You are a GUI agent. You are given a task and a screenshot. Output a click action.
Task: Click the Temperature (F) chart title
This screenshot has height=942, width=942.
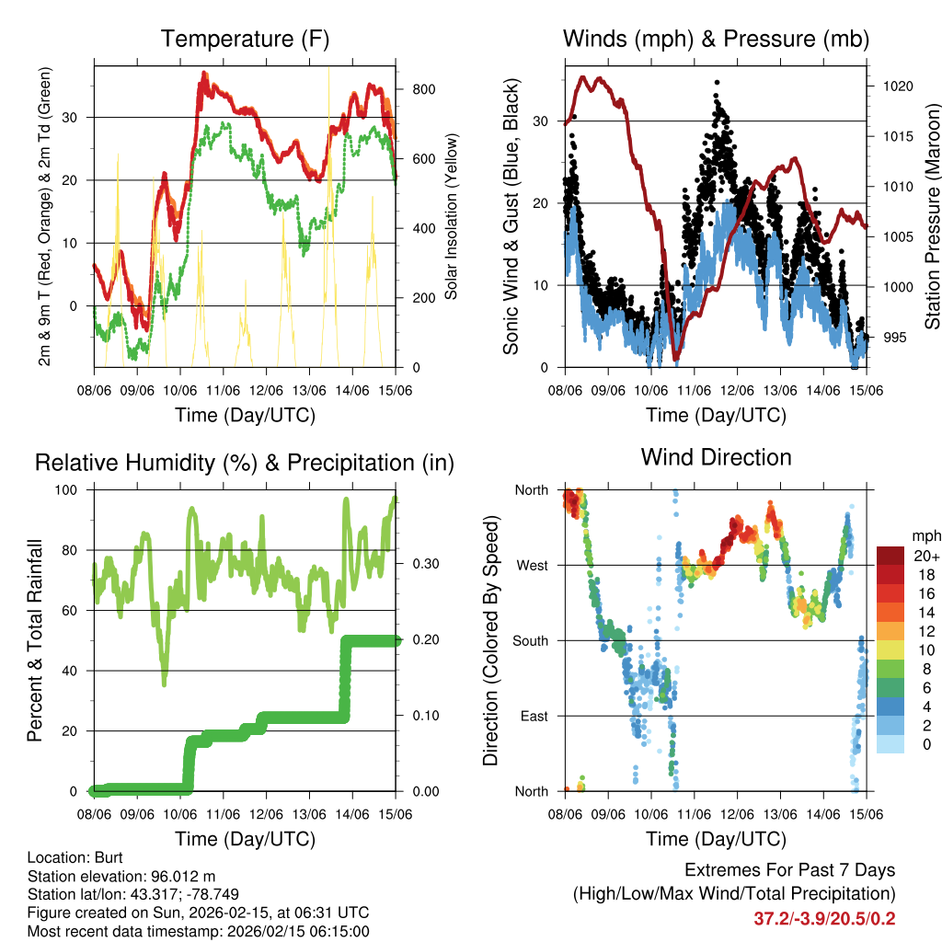[x=245, y=40]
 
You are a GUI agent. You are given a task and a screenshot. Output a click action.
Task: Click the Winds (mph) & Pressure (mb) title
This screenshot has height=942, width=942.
[x=716, y=40]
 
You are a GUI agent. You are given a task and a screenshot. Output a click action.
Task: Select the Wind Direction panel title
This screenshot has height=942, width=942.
[x=716, y=457]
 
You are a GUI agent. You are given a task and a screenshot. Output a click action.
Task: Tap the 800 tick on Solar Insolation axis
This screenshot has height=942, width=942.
[x=424, y=89]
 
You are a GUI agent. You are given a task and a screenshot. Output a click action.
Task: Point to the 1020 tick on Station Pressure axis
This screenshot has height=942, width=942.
[x=896, y=86]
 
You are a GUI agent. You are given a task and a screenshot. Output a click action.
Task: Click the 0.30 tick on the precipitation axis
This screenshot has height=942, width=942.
[x=424, y=564]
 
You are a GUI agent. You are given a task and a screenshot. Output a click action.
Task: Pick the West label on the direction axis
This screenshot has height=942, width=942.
[x=531, y=565]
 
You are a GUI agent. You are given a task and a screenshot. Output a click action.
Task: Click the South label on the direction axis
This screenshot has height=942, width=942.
[x=530, y=640]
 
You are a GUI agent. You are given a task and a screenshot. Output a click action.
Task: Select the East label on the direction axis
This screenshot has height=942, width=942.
[x=533, y=716]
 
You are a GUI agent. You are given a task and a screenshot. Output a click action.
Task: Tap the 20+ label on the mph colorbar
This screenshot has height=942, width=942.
[x=925, y=556]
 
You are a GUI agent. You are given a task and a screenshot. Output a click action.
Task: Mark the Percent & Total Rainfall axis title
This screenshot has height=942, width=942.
[x=34, y=639]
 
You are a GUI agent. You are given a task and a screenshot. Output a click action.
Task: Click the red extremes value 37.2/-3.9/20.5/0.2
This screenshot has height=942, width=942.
[x=824, y=918]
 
